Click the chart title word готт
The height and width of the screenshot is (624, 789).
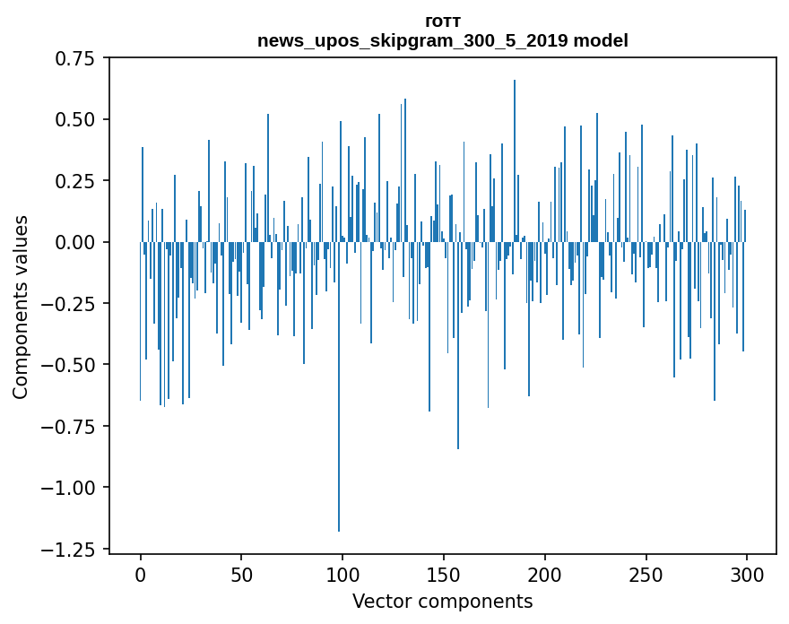pos(443,22)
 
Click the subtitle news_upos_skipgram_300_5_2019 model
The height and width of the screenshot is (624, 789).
pos(443,41)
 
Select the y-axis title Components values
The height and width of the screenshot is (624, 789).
pos(21,307)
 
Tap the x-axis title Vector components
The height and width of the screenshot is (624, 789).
pos(443,602)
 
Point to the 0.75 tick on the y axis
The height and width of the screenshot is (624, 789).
pos(76,59)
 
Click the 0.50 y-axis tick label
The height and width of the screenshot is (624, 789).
pos(76,120)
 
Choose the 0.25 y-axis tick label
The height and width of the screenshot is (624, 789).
pos(76,181)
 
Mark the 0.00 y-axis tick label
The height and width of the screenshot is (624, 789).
pos(76,243)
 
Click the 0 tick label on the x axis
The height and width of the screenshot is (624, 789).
pos(141,575)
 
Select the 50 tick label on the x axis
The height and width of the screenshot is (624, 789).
pos(241,575)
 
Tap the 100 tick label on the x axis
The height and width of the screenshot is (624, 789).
pos(342,575)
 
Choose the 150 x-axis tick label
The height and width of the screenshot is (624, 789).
pos(444,575)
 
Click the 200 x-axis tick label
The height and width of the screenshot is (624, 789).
pos(544,575)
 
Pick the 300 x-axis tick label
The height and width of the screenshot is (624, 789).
pos(747,575)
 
